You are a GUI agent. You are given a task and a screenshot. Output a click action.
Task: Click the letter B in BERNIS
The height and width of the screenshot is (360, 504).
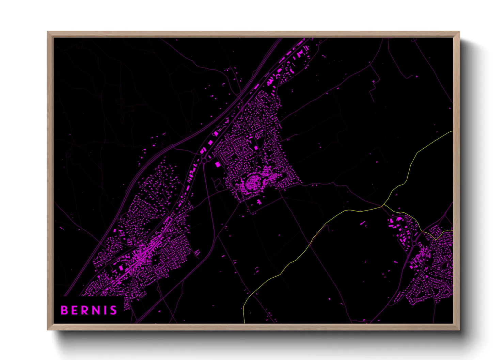pos(64,310)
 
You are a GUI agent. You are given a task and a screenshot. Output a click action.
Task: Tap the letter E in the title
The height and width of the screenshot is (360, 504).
pos(75,310)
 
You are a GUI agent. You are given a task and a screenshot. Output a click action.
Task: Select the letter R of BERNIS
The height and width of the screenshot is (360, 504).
pos(85,310)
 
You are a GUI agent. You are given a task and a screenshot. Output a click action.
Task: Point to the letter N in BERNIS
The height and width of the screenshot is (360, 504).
pos(96,310)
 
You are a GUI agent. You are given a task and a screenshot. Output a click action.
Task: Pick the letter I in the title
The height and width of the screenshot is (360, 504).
pos(105,310)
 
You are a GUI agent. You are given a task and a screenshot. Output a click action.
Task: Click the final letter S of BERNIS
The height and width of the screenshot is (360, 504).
pos(113,310)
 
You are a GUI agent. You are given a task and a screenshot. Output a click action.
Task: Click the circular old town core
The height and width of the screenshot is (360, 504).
pos(253,183)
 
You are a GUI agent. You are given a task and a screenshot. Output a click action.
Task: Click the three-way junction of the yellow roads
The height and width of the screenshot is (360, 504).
pos(382,206)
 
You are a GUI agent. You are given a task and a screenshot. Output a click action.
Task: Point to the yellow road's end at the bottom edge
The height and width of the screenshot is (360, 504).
pos(245,323)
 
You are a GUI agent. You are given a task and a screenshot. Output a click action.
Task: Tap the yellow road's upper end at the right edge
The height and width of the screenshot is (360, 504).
pos(452,131)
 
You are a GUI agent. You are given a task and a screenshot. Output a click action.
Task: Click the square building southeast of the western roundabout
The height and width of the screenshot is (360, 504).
pos(218,165)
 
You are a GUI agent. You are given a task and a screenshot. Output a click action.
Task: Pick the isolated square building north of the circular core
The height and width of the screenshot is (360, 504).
pos(256,148)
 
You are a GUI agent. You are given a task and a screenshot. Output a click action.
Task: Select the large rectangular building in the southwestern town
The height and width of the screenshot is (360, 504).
pos(121,268)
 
